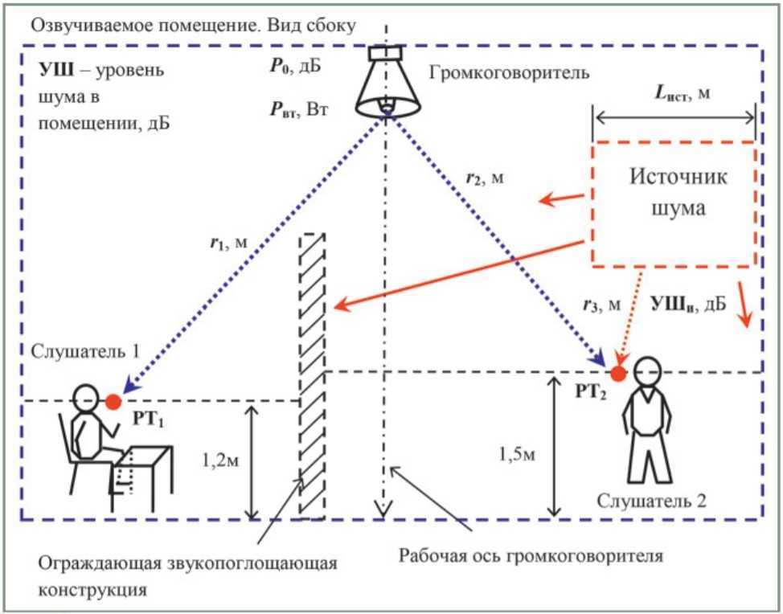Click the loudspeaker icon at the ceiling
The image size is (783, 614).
coord(387,81)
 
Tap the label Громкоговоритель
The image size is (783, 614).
coord(509,73)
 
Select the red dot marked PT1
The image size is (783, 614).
coord(113,401)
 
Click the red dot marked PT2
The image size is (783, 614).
coord(618,374)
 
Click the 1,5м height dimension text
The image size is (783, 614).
coord(517,455)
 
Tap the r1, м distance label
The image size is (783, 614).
coord(228,243)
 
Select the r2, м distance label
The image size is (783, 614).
coord(485,178)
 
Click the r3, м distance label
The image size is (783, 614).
coord(602,305)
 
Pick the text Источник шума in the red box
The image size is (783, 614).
coord(678,192)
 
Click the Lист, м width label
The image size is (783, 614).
coord(683,93)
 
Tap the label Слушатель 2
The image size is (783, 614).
coord(652,501)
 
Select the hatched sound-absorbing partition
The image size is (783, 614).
coord(312,376)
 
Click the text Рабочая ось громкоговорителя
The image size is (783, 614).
coord(531,555)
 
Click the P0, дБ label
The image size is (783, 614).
coord(295,67)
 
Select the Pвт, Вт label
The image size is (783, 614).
coord(299,109)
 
